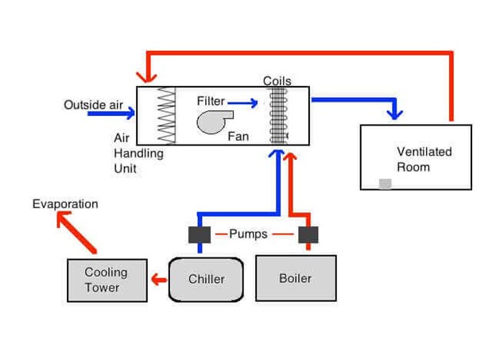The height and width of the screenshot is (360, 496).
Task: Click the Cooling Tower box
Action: tap(107, 280)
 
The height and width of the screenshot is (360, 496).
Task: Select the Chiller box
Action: tap(206, 279)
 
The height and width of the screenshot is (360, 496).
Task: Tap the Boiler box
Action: tap(295, 278)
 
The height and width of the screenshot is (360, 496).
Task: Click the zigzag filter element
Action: tap(166, 114)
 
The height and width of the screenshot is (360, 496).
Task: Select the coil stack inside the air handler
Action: tap(277, 114)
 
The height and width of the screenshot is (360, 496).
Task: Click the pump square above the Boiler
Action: tap(308, 234)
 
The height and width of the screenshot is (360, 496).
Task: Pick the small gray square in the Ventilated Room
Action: tap(385, 184)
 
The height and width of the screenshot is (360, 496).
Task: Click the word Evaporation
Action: tap(65, 204)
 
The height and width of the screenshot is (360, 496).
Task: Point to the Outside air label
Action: tap(95, 104)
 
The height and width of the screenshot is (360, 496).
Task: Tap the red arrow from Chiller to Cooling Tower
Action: tap(159, 279)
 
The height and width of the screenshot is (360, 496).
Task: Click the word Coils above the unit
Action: tap(277, 81)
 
